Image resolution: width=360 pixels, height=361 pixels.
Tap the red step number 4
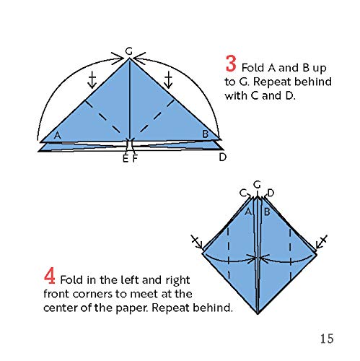click(x=50, y=277)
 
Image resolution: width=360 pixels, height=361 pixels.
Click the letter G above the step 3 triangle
click(x=128, y=51)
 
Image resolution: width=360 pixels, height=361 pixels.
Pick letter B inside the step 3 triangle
click(x=205, y=134)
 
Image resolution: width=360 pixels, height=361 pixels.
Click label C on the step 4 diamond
click(x=243, y=192)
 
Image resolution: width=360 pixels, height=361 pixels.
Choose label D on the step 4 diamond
click(x=271, y=192)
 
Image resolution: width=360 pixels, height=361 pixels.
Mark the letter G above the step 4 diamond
click(x=257, y=184)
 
